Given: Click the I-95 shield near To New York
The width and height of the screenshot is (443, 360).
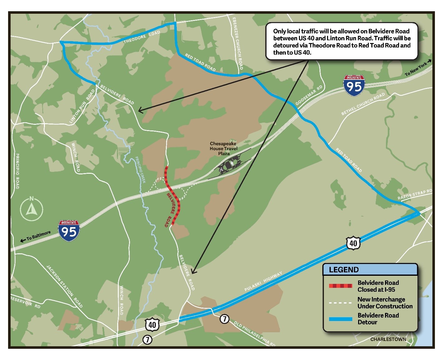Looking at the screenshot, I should pos(354,85).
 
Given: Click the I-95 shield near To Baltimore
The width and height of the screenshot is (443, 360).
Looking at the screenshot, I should pos(69,231).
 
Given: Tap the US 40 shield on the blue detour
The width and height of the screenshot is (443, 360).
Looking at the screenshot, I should pos(353,243).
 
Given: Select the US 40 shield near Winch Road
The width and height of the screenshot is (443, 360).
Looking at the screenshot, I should pos(152,325).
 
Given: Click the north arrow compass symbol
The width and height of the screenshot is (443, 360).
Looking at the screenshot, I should pos(31,208).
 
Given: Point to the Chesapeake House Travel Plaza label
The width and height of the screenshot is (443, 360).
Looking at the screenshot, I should pos(224,148).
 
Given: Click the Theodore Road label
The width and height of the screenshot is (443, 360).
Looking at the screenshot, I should pos(142,37).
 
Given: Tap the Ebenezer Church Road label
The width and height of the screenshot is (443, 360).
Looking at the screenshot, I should pos(238,43).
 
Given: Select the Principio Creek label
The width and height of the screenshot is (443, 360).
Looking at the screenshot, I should pos(140,170).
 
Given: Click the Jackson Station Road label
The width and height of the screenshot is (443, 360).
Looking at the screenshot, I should pos(65,286).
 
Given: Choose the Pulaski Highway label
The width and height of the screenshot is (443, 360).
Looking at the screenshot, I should pos(263,281).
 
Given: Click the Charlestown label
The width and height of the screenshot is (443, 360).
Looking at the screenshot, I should pos(388,339).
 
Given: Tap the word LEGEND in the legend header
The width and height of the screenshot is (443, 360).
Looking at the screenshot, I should pos(344,270).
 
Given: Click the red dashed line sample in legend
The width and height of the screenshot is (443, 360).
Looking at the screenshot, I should pos(340,286).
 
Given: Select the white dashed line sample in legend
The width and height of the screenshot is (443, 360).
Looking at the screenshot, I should pos(340,303).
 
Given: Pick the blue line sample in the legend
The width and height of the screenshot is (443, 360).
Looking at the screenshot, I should pos(340,319).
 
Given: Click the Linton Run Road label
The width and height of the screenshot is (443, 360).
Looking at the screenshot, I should pos(82,106).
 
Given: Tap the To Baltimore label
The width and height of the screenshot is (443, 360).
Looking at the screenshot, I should pos(38,236).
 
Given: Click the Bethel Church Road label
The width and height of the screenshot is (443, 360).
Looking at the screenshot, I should pos(363,104).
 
